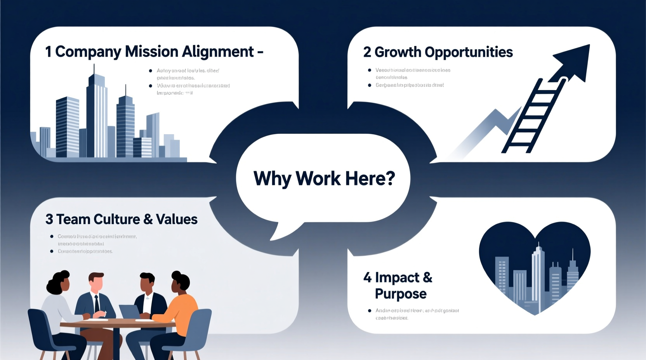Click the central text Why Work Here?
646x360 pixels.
pos(324,179)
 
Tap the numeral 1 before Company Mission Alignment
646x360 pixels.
pos(48,52)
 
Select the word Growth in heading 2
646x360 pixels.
pos(398,52)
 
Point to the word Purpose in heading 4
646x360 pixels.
pos(400,294)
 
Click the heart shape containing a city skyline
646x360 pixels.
pos(535,268)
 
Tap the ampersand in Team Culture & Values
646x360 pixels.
pos(148,220)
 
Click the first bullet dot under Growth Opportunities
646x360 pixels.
pos(370,70)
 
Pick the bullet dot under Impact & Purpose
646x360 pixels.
pos(370,311)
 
